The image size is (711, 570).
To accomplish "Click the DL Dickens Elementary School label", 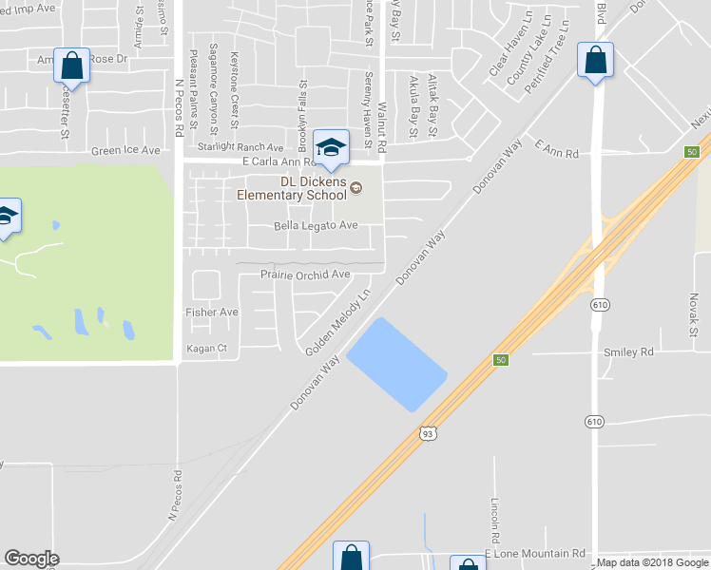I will [x=292, y=189].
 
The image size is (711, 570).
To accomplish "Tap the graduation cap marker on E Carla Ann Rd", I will [x=331, y=147].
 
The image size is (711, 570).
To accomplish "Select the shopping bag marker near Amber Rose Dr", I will [x=71, y=66].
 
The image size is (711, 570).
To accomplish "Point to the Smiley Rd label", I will [x=629, y=351].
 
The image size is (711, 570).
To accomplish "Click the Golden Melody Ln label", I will [x=338, y=323].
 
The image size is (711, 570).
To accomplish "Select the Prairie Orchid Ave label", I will [x=306, y=275].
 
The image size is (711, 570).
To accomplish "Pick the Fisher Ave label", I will [x=212, y=312].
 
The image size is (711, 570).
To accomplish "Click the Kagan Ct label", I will [x=207, y=349].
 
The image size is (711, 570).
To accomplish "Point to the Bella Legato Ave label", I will [x=316, y=225].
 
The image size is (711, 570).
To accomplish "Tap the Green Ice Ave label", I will [x=126, y=151].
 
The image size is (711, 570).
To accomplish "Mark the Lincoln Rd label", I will [x=495, y=513].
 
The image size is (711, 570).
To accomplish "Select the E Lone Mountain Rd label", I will [x=535, y=553].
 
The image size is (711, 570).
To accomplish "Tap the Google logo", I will [x=31, y=559].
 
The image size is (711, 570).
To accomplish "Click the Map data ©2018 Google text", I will [x=652, y=562].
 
